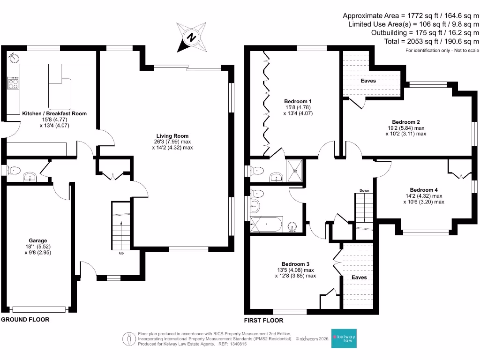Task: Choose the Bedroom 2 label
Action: point(406,121)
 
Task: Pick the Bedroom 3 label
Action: point(295,264)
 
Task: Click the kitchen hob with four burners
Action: point(14,83)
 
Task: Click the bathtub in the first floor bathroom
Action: point(266,225)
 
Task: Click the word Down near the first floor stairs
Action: point(364,190)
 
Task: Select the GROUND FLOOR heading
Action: point(25,320)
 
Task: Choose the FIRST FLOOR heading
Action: point(264,321)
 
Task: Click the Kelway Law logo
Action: point(344,337)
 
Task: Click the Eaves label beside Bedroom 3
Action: point(359,277)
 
